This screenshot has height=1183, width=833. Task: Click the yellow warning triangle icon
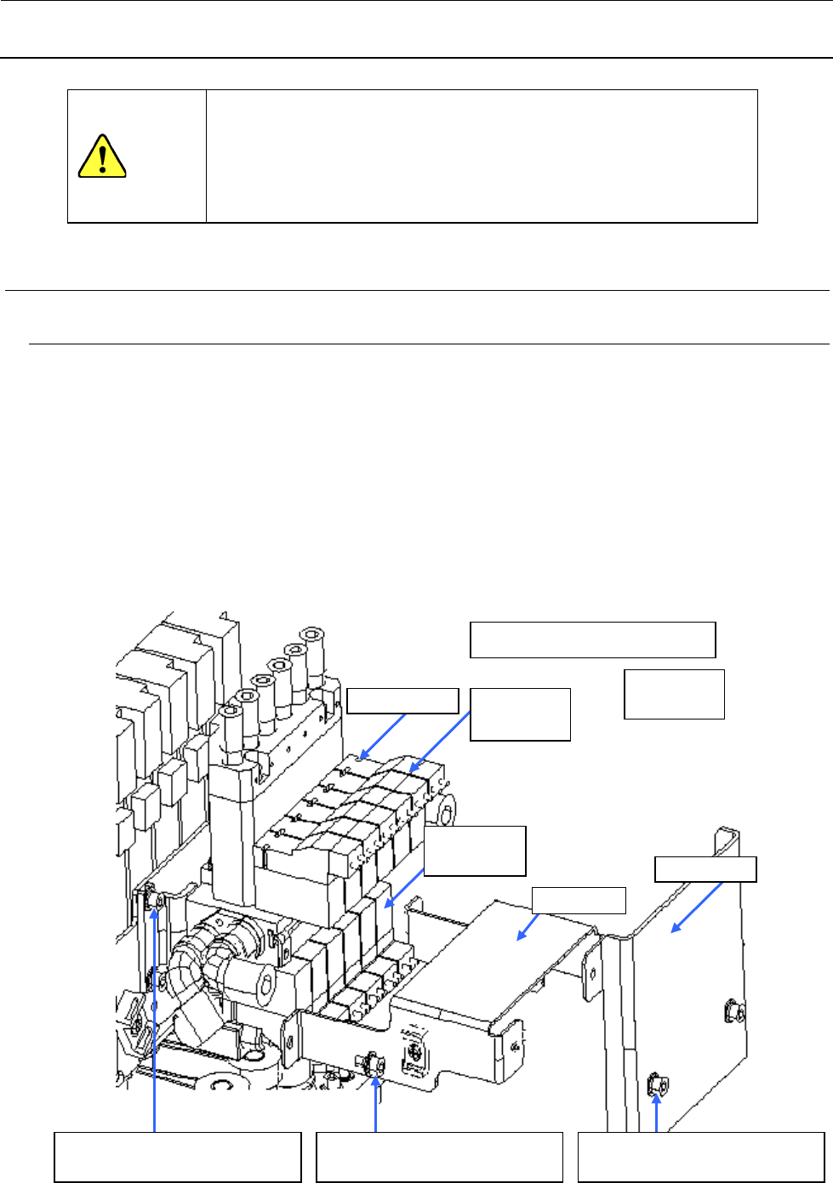[x=102, y=156]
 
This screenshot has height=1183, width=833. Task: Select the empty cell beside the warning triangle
[x=482, y=156]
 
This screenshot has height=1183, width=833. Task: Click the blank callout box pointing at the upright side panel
[x=705, y=869]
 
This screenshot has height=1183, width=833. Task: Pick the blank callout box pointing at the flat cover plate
[x=579, y=900]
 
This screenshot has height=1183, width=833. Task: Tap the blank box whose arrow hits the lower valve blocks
[x=474, y=850]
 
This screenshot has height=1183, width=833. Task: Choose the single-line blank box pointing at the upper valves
[x=402, y=700]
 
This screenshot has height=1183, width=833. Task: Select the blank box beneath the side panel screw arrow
[x=701, y=1157]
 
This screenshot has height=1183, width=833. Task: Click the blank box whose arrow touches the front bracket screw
[x=439, y=1157]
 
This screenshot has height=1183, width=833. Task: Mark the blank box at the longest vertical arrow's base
[x=178, y=1157]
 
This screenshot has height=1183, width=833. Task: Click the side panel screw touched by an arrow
[x=656, y=1083]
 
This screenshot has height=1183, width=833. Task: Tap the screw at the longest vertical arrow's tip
[x=155, y=899]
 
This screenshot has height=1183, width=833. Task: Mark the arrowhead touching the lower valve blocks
[x=389, y=907]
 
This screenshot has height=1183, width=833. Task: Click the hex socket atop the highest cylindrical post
[x=312, y=633]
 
